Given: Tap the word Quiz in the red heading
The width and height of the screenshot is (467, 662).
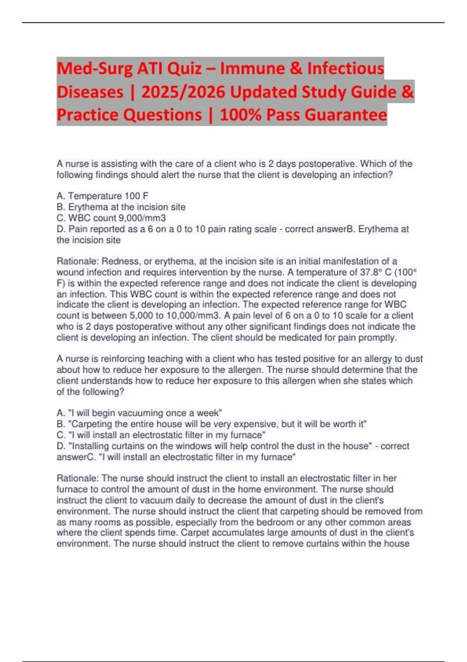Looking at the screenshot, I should [183, 69].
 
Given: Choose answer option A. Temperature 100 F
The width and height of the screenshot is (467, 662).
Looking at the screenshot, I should [102, 196].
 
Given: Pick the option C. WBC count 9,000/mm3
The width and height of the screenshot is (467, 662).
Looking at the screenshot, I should [111, 218].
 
